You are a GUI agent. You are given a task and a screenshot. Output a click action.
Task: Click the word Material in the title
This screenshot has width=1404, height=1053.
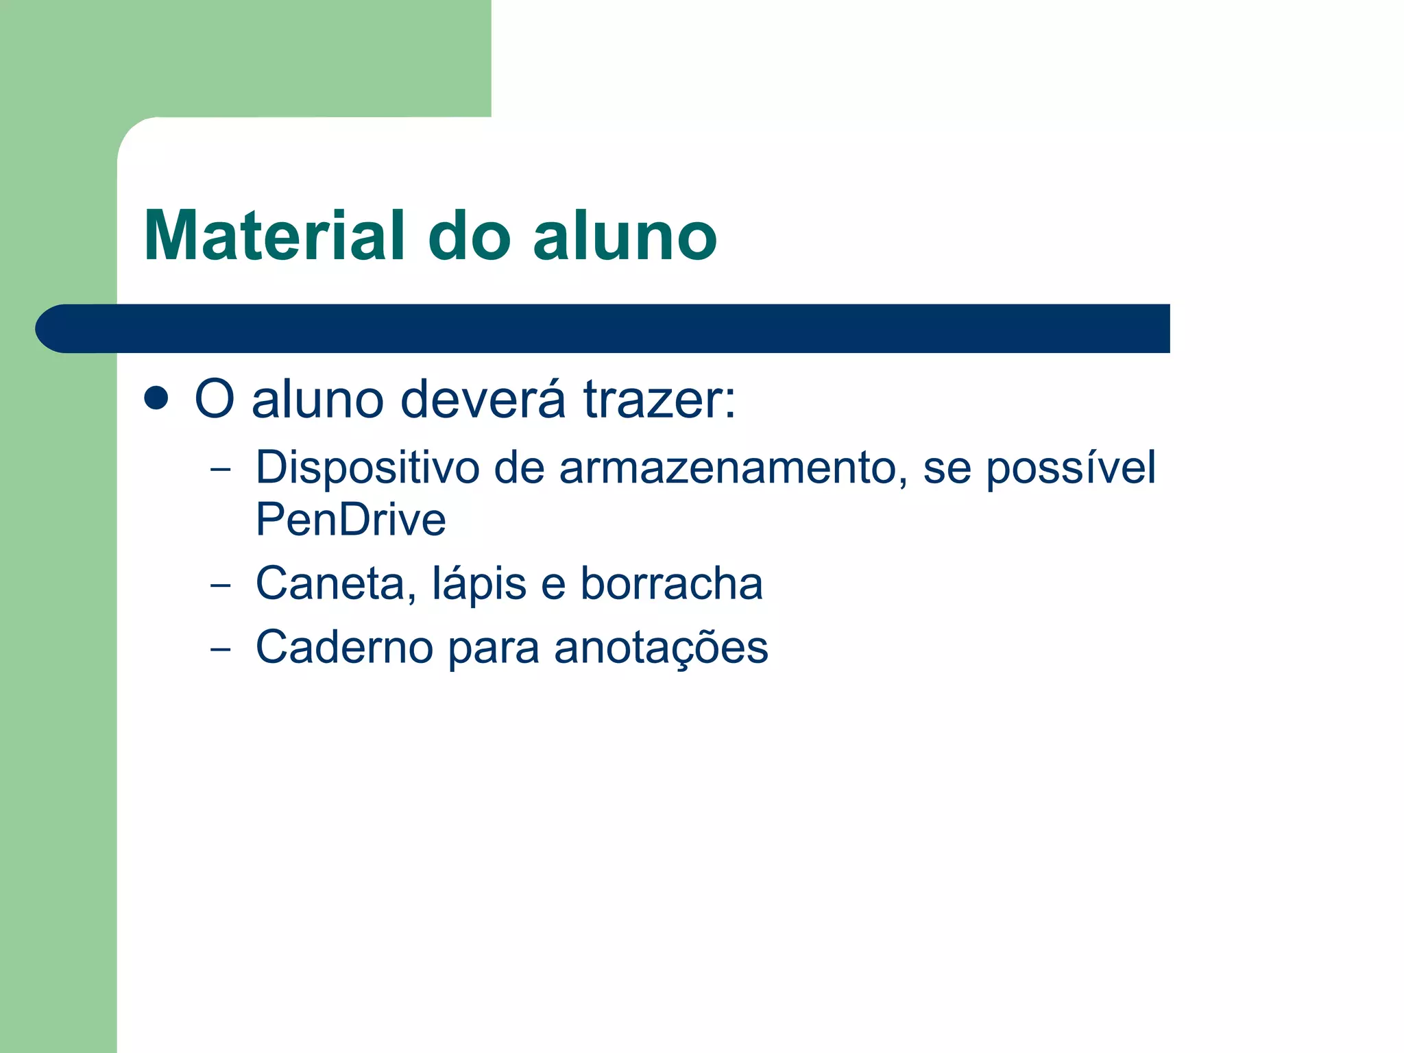274,236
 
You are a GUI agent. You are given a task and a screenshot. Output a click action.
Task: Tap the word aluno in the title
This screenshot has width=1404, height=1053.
625,236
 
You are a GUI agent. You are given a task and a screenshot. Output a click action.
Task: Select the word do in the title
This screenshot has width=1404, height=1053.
470,236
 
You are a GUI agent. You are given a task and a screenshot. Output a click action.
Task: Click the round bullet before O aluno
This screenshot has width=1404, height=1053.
157,398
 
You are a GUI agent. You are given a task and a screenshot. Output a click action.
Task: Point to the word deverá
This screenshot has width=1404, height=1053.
483,400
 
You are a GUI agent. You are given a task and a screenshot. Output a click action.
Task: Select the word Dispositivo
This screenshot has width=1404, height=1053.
367,468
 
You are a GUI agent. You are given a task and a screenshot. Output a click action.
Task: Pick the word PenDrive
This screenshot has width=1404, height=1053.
350,520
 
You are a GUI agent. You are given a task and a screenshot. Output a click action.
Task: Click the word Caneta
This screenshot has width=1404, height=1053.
335,584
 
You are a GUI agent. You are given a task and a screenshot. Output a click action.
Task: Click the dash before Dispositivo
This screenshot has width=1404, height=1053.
220,470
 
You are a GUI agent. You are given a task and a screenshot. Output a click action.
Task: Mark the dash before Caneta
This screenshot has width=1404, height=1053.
220,585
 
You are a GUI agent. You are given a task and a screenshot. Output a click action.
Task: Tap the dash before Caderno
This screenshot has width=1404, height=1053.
220,649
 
